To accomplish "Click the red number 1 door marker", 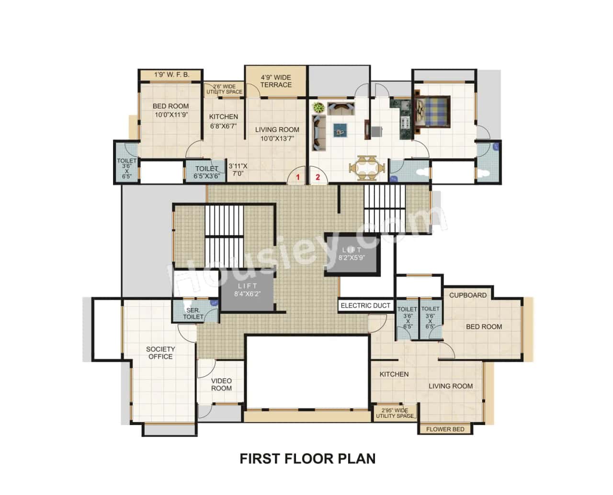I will click(298, 177).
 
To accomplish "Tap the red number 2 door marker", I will click(317, 177).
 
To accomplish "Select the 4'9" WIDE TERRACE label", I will click(276, 81).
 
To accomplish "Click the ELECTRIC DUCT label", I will click(365, 305).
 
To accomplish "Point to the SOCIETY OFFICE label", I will click(160, 353).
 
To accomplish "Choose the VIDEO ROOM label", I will click(221, 384).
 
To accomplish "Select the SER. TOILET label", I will click(193, 313).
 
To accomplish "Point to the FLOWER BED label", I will click(445, 429).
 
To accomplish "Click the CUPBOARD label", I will click(467, 295).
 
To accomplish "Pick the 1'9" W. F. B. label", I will click(171, 75).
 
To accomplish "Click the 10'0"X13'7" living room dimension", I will click(277, 138).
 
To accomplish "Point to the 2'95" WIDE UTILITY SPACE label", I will click(395, 413).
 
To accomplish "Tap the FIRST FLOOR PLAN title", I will click(307, 459).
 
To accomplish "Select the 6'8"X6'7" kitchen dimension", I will click(224, 127).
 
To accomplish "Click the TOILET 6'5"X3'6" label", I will click(207, 172).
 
